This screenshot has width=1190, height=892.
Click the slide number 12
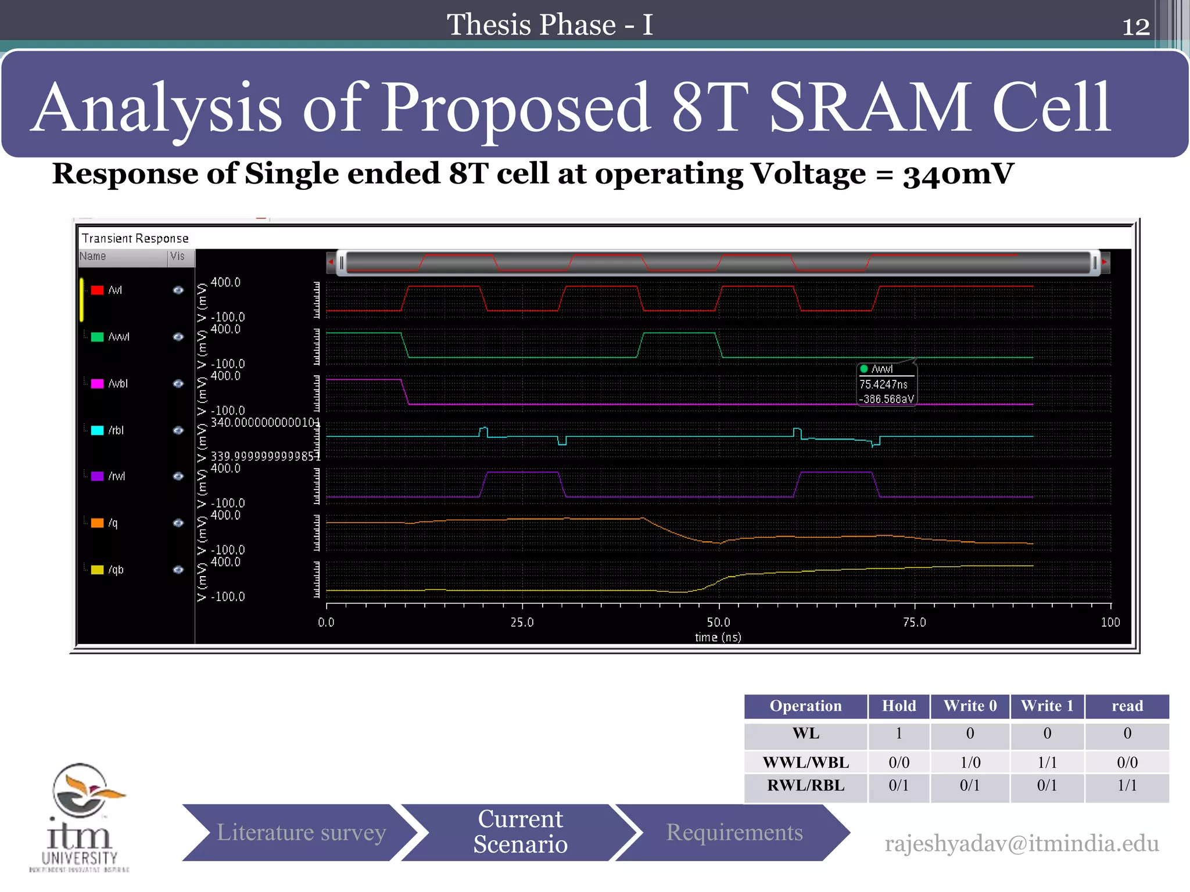pos(1135,26)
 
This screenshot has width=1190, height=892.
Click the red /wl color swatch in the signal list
pos(97,290)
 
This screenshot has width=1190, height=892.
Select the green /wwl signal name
pos(119,337)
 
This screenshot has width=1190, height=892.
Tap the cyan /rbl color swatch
pos(97,430)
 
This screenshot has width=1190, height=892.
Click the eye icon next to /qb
pos(178,570)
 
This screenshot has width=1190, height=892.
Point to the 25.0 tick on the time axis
pos(522,622)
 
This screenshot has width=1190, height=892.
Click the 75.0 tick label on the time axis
pos(914,622)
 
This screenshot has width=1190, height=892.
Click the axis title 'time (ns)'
pos(718,637)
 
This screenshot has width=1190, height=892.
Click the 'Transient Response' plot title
pos(135,238)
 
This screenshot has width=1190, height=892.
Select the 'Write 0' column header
pos(970,706)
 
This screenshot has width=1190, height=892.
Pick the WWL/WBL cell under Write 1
pos(1047,762)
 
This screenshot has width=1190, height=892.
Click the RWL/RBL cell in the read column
pos(1127,786)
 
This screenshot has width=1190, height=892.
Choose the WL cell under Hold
pos(898,733)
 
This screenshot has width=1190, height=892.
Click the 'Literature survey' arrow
pos(300,832)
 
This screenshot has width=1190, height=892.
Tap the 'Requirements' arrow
pos(734,832)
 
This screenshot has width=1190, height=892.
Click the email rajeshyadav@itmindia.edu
pos(1021,843)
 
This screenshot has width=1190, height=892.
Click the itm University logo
pos(80,817)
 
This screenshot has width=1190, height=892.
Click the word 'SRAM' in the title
pos(869,107)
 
